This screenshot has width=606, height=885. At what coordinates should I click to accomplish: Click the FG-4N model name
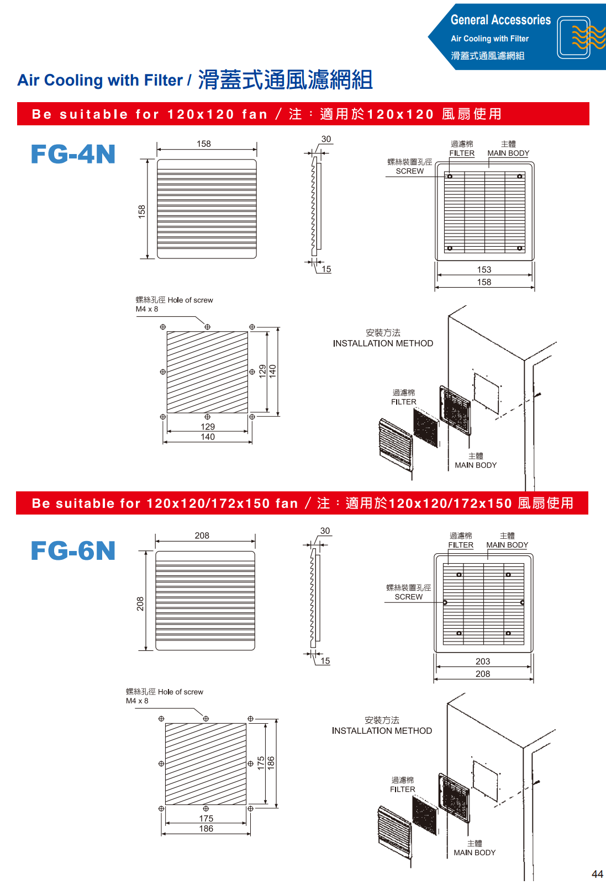click(73, 154)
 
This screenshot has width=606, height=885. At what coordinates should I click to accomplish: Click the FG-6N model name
click(73, 551)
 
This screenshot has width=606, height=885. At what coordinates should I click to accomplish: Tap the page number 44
click(597, 874)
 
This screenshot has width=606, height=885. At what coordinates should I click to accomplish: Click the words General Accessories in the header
click(500, 20)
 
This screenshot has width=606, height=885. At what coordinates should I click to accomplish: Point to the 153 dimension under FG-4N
click(484, 269)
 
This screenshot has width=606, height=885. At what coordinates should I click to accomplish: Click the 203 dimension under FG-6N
click(483, 661)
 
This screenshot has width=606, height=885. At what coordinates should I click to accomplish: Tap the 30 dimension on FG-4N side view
click(326, 139)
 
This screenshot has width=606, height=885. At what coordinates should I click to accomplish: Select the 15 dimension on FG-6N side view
click(325, 661)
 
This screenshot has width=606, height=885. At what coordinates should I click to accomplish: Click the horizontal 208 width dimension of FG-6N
click(202, 536)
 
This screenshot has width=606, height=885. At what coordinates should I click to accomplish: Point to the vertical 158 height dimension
click(142, 211)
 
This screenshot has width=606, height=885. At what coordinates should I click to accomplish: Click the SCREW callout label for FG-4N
click(410, 171)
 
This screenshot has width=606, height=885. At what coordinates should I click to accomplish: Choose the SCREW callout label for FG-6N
click(409, 597)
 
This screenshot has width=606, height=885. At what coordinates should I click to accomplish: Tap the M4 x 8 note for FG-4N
click(147, 309)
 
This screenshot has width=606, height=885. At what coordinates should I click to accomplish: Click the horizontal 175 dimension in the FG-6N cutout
click(206, 818)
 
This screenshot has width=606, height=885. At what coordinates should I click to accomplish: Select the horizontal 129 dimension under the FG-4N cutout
click(208, 427)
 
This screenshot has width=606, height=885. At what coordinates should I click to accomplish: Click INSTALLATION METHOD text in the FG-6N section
click(382, 730)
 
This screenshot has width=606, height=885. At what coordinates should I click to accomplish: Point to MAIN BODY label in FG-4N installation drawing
click(476, 465)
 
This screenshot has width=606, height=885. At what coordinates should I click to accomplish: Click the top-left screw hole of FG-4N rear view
click(450, 177)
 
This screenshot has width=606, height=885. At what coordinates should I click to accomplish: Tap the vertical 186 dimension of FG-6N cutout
click(271, 763)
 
